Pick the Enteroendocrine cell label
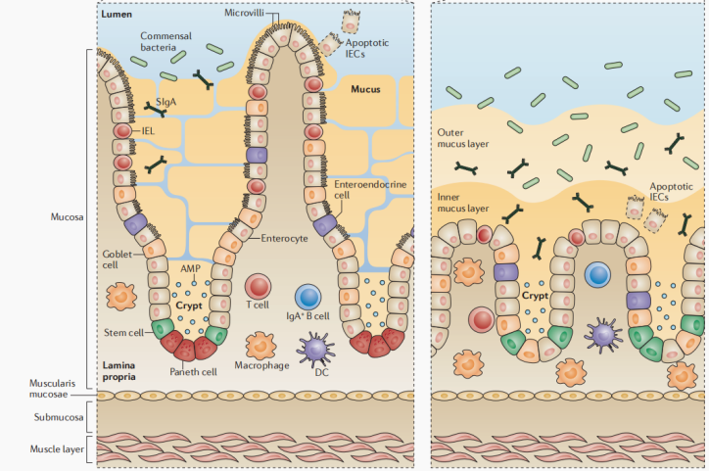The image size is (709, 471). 364,189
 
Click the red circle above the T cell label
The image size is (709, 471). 259,287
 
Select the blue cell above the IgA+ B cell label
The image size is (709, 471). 308,297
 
